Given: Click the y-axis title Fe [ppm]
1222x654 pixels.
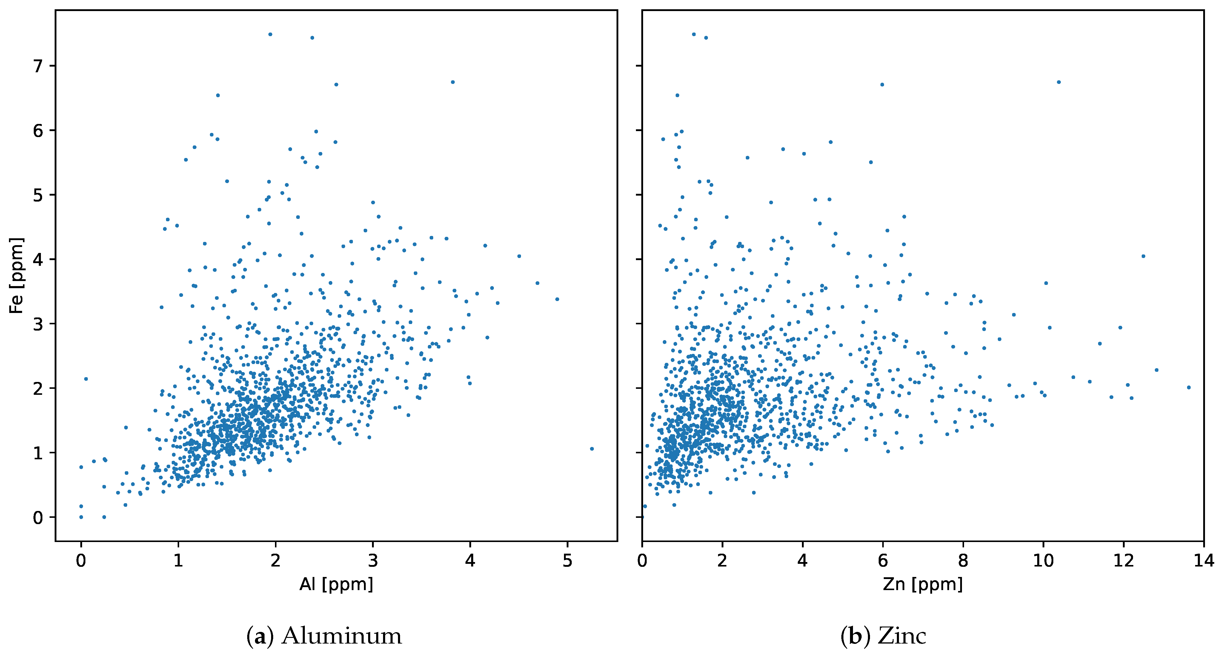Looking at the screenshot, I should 17,275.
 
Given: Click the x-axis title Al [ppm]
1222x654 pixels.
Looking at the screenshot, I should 336,584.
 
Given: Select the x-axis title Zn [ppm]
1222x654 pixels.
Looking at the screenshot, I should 923,584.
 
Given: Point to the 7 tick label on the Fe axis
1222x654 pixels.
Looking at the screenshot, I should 38,66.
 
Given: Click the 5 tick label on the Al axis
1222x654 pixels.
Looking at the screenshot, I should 567,561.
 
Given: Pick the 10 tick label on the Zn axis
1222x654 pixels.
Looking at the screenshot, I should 1043,561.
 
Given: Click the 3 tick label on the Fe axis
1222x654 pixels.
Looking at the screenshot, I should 38,324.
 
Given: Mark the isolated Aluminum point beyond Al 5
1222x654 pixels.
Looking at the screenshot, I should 591,449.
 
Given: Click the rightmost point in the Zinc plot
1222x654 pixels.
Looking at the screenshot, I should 1188,387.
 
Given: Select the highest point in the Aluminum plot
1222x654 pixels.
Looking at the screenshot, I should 270,34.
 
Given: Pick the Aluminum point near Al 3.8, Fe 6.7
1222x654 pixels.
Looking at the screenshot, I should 453,82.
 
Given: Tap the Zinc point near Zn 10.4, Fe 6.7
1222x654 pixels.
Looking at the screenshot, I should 1058,82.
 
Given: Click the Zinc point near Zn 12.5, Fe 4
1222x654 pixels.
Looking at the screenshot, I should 1143,256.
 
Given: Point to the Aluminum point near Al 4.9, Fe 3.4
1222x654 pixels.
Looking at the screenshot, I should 557,299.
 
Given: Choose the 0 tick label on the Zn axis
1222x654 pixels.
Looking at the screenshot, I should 642,561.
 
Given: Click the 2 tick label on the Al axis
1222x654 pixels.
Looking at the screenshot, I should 276,561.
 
